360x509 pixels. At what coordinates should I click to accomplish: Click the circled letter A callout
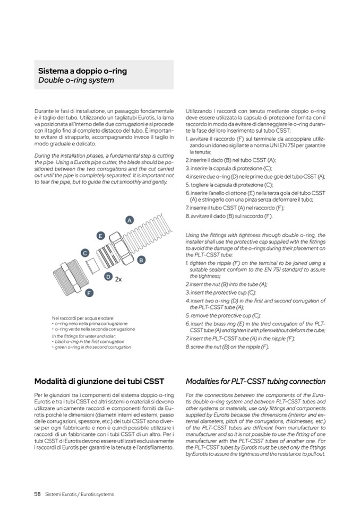(129, 220)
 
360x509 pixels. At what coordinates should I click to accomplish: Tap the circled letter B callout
(141, 260)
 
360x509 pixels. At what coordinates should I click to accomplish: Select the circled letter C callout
(84, 253)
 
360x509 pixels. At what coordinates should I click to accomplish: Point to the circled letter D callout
(108, 277)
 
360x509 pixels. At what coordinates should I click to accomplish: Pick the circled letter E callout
(100, 235)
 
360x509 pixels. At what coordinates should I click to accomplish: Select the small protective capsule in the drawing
(91, 264)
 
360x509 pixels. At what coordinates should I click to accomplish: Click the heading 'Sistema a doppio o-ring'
(82, 71)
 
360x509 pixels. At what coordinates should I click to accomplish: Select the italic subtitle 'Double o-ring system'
(76, 81)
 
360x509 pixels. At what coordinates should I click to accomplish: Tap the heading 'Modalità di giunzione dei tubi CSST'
(98, 381)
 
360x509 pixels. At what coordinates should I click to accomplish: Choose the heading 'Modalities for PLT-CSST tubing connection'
(255, 381)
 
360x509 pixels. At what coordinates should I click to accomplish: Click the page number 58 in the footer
(38, 494)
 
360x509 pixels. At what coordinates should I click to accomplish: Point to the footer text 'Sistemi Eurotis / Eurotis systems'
(80, 494)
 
